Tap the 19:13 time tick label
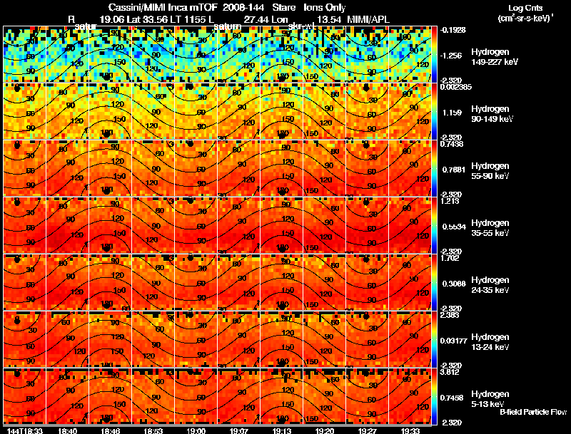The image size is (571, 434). coord(282,430)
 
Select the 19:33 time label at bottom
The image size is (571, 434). coord(410,430)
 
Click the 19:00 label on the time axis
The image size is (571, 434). coord(196,430)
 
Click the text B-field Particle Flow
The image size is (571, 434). coord(533,412)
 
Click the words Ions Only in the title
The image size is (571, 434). coord(325,7)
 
